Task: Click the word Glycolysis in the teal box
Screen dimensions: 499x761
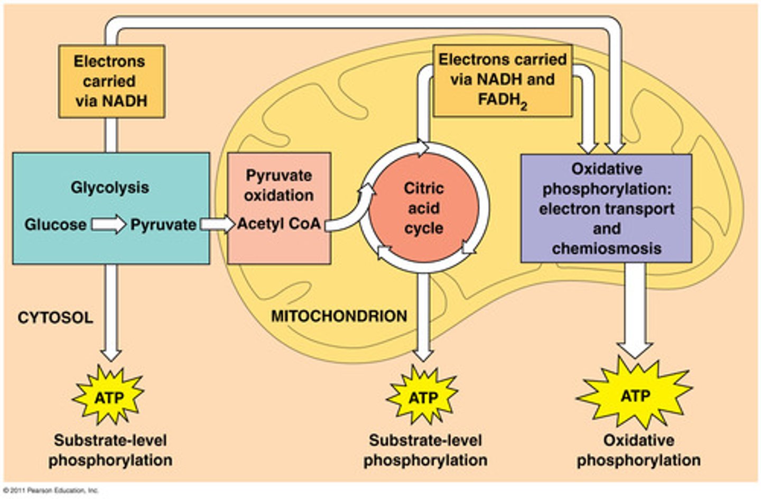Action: coord(110,188)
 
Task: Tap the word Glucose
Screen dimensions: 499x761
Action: coord(55,225)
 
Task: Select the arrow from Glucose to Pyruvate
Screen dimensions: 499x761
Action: coord(108,225)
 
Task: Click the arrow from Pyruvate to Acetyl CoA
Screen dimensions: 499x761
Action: coord(217,225)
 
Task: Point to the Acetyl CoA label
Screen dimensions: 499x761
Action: coord(279,224)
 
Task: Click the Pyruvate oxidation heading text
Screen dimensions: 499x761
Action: coord(279,185)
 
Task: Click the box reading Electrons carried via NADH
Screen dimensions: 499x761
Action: coord(111,81)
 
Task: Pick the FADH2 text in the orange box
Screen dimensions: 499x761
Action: coord(502,100)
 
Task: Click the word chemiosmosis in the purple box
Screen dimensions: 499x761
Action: coord(606,248)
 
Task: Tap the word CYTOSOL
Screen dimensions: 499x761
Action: coord(55,318)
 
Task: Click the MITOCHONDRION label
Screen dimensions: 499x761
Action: coord(339,316)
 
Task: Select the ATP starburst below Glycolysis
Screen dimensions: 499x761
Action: coord(109,396)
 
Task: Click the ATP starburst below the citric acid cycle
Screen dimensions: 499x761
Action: coord(423,396)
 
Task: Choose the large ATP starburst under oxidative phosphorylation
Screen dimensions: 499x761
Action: coord(635,395)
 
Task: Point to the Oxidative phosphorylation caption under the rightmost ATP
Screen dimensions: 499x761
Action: coord(638,450)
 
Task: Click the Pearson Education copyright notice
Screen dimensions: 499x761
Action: coord(51,491)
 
